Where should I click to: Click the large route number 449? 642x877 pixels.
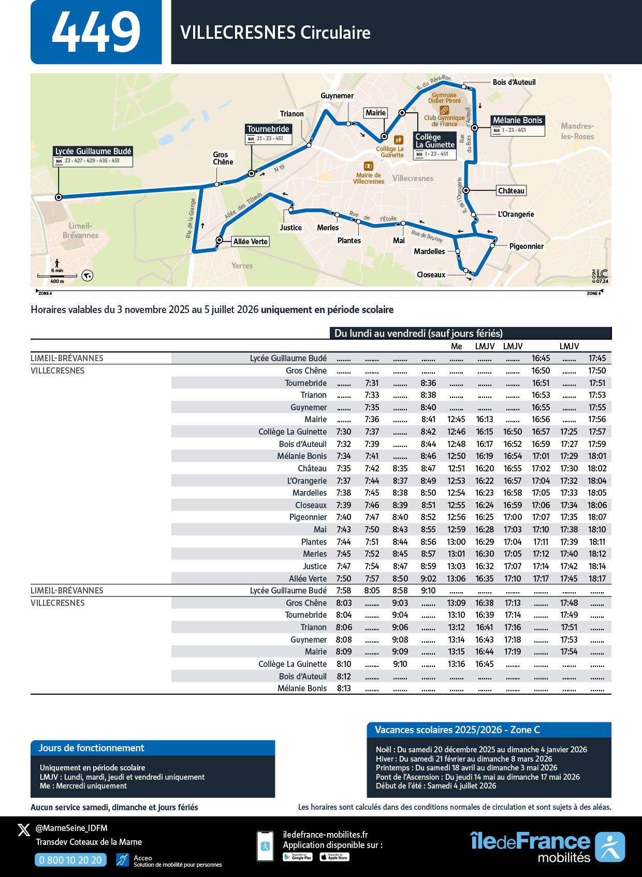coord(96,32)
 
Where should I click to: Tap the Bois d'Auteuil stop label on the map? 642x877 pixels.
coord(514,82)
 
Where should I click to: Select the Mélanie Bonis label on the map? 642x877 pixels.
coord(517,120)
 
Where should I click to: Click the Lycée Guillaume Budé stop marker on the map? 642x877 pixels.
coord(59,197)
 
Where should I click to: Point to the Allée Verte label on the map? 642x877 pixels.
coord(251,242)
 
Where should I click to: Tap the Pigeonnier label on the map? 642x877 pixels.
coord(526,246)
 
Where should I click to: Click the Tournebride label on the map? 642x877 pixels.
coord(268,129)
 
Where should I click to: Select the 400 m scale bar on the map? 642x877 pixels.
coord(57,276)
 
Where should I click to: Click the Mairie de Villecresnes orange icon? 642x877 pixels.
coord(369,166)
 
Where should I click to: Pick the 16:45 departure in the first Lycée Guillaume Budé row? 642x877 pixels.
coord(541,358)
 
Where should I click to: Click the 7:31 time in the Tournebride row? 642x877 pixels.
coord(372,383)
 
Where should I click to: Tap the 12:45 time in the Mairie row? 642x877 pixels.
coord(456,420)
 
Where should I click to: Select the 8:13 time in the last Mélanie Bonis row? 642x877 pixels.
coord(344,688)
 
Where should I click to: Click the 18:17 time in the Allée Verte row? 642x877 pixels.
coord(597,578)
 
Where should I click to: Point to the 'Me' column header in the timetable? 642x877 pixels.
coord(456,346)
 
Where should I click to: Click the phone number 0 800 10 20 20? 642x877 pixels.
coord(70,860)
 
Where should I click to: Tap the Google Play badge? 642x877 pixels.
coord(298,857)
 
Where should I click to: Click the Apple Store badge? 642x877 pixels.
coord(334,857)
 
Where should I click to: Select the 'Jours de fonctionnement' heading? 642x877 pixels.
coord(92,748)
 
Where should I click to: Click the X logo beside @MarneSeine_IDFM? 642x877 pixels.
coord(24,830)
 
